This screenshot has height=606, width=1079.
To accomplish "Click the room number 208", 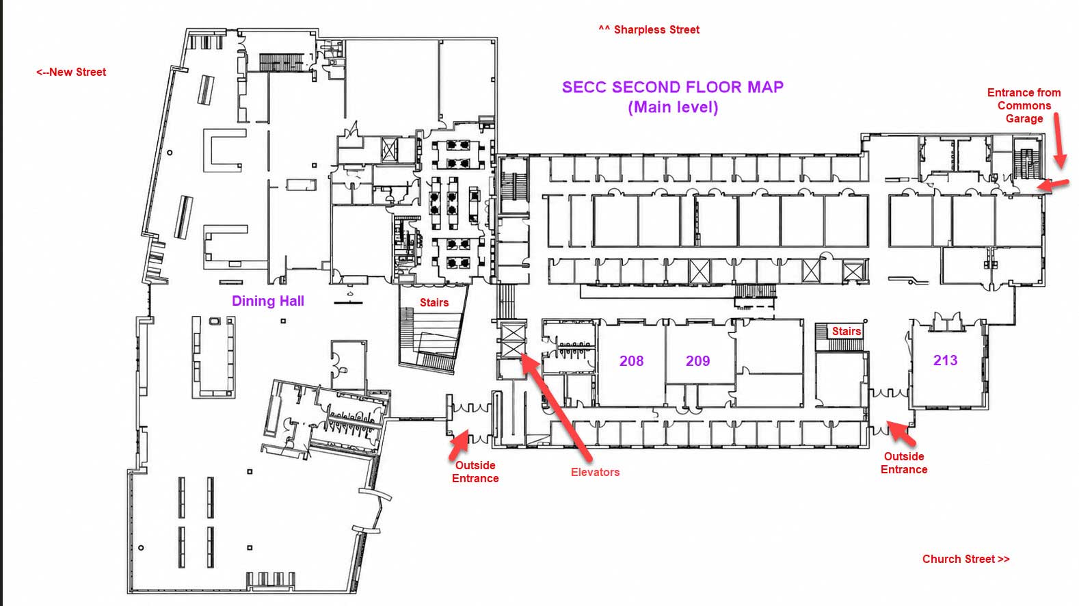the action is coord(631,361).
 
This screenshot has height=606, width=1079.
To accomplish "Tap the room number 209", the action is coord(697,361).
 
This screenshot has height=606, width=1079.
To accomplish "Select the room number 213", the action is coord(945,360).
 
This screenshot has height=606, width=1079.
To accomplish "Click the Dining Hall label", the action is coord(268,301).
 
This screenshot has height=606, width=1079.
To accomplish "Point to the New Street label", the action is coord(71,73).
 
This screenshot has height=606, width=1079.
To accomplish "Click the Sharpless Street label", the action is coord(650,30).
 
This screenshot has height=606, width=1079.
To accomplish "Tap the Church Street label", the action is coord(965,559).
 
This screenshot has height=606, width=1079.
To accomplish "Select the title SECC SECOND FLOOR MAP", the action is coord(673,87).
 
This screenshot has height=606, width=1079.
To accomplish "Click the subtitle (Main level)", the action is coord(673,107).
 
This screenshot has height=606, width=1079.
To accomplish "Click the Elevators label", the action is coord(596,472).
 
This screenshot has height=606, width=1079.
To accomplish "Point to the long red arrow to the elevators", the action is coord(556,407).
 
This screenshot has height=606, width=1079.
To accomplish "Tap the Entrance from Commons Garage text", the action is coord(1024,105).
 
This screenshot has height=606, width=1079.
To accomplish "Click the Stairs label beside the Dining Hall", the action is coord(434,302).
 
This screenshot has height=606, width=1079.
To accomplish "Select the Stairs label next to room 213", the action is coord(847,332).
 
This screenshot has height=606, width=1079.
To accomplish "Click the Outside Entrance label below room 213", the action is coord(904,463).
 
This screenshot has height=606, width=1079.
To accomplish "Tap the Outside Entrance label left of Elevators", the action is coord(475,472).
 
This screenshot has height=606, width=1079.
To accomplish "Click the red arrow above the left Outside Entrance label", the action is coord(459,445).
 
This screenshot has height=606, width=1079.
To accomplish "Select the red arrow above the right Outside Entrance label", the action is coord(901,432).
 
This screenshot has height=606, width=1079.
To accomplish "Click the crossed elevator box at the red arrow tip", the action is coord(513,341).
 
